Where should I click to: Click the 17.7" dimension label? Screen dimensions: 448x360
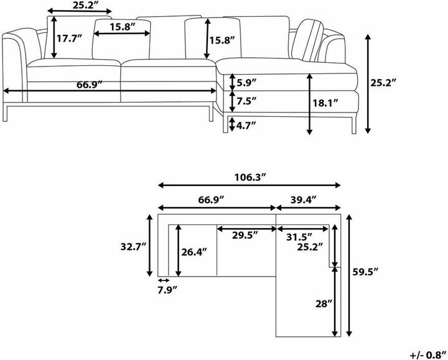tap(70, 39)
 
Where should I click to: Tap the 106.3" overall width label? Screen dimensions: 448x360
tap(250, 178)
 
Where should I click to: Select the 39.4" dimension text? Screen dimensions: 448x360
tap(304, 200)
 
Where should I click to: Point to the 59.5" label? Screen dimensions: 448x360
tap(365, 272)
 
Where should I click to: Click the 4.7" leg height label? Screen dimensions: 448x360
tap(246, 126)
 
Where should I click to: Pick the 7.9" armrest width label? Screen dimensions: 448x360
tap(167, 290)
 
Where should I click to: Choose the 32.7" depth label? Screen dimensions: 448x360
tap(133, 247)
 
